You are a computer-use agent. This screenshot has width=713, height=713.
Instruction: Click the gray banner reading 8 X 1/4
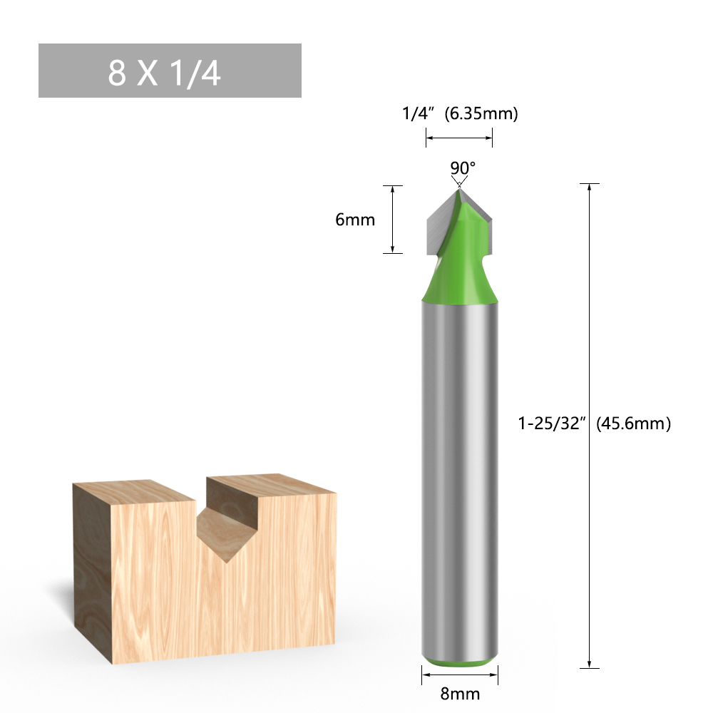pos(170,71)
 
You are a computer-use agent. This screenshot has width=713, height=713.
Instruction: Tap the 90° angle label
pos(462,168)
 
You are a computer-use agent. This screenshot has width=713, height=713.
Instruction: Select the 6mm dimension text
pos(355,220)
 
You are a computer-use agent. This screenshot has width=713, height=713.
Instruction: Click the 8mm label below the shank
pos(460,693)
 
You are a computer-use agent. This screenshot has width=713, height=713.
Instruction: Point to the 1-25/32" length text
pos(552,424)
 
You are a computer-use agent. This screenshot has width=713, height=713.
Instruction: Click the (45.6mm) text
pos(633,424)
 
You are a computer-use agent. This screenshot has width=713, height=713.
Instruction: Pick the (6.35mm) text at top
pos(481,113)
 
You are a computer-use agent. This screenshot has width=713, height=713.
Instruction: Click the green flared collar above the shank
pos(459,285)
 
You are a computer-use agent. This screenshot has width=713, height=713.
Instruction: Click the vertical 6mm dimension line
pos(393,220)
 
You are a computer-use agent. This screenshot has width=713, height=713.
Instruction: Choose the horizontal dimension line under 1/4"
pos(459,138)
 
